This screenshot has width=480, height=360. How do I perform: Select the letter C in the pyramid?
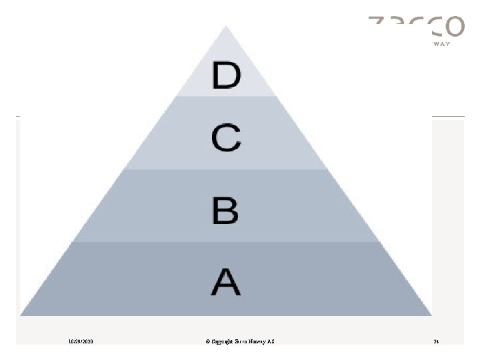pos(226,139)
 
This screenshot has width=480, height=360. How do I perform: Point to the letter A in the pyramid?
pos(226,281)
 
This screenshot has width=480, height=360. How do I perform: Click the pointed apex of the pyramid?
pos(227,28)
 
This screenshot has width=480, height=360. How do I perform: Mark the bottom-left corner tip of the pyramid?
pos(22,314)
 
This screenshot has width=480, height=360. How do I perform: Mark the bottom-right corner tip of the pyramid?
pos(431,314)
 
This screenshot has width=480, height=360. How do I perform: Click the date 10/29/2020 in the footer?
pos(81,342)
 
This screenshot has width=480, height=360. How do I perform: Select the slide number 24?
pos(436,342)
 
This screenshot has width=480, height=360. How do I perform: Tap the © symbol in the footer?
pos(209,342)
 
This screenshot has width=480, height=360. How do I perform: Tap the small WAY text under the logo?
pos(442,43)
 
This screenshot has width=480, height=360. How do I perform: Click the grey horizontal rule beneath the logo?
pos(448,117)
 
